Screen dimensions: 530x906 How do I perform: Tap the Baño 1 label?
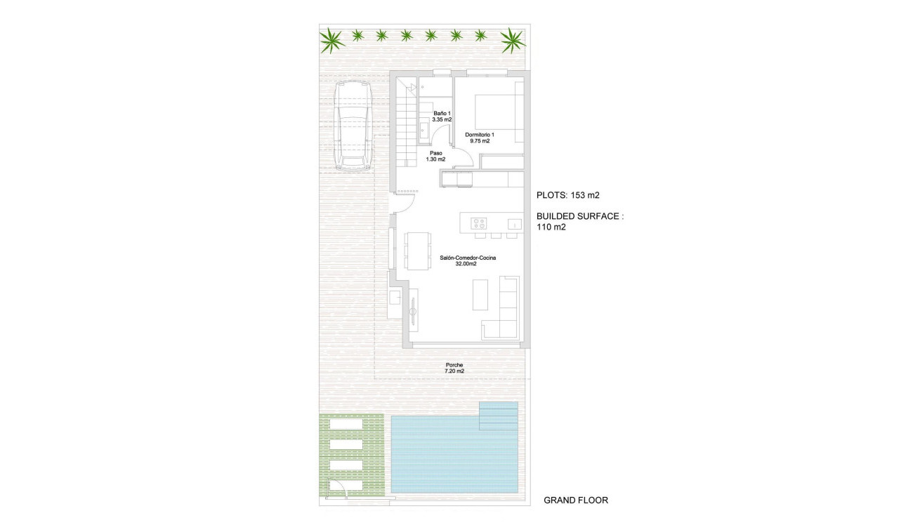pos(442,117)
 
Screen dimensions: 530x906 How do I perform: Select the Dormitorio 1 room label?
pos(480,138)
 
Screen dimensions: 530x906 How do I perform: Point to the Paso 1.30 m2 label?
pos(435,156)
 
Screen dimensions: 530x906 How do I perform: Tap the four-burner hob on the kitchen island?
pos(479,224)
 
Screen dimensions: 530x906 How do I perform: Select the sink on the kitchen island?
pos(514,225)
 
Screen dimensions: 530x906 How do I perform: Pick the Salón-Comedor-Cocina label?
pos(468,261)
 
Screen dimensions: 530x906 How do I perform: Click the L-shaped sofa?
pos(504,310)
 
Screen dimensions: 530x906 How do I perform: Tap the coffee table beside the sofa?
pos(480,295)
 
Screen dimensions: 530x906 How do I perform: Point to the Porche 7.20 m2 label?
pos(454,368)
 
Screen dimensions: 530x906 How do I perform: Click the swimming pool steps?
pos(498,415)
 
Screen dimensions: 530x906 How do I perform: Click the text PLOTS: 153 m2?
pos(567,195)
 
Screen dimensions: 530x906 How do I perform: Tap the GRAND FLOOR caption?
pos(576,501)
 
